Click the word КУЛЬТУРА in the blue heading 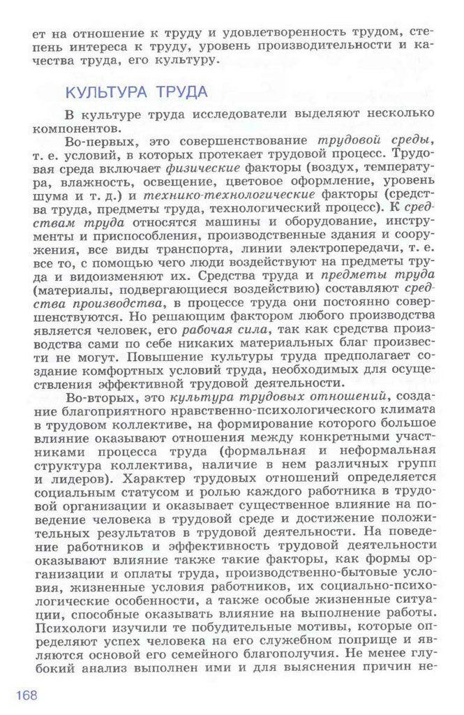[x=104, y=92]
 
